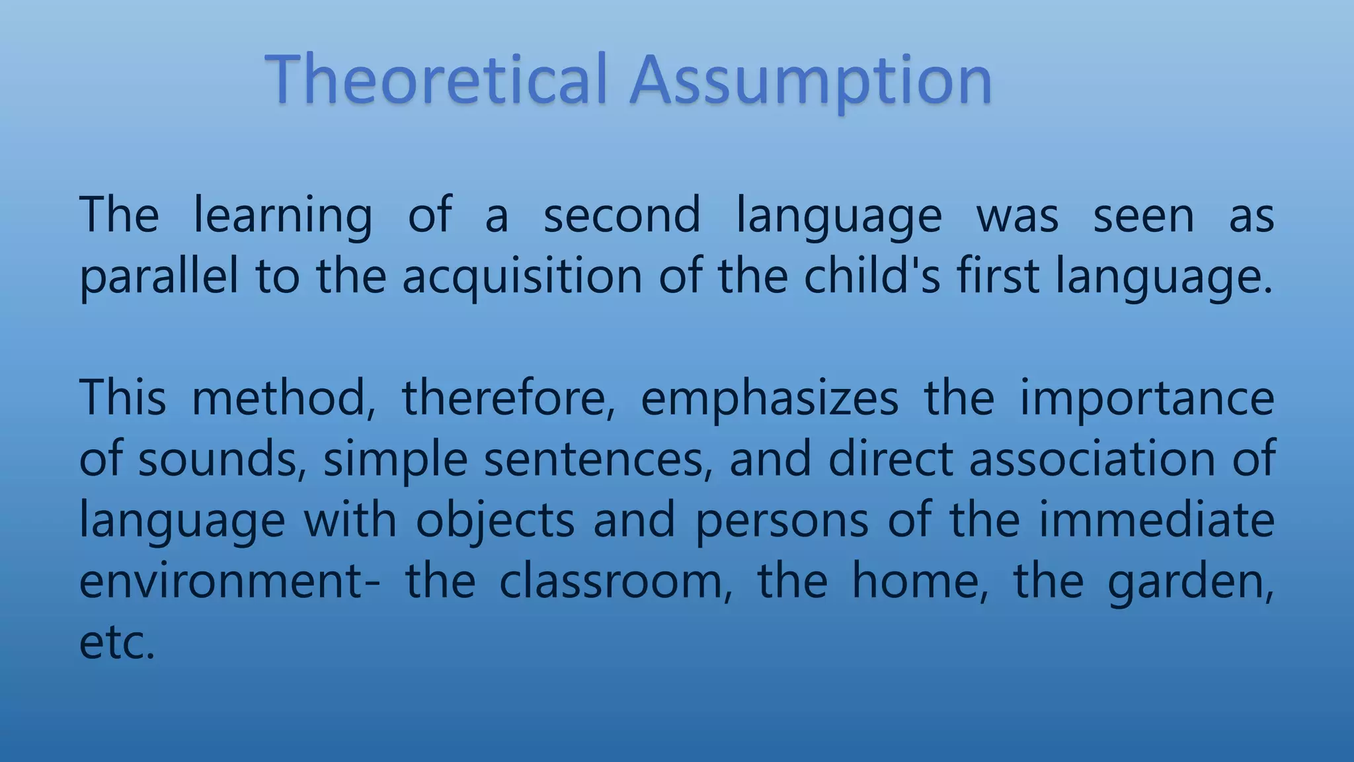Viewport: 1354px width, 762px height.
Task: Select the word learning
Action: point(283,216)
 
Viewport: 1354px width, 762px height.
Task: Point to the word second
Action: point(621,216)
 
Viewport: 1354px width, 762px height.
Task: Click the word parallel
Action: point(159,276)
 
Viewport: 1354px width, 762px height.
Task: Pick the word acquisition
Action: point(522,276)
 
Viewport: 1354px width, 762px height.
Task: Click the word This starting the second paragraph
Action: point(123,398)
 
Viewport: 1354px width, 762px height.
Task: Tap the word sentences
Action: point(598,459)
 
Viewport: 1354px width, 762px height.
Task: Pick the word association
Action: point(1092,459)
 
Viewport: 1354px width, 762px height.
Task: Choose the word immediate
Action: point(1156,520)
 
